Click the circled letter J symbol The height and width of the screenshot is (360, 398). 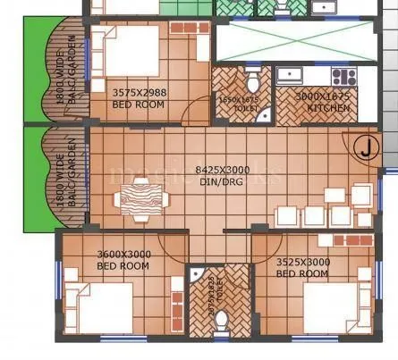tap(365, 149)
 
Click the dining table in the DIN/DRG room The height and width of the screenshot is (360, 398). tap(140, 194)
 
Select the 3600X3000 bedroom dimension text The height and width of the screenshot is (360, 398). tap(123, 255)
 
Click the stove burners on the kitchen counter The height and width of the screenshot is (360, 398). tap(343, 75)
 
